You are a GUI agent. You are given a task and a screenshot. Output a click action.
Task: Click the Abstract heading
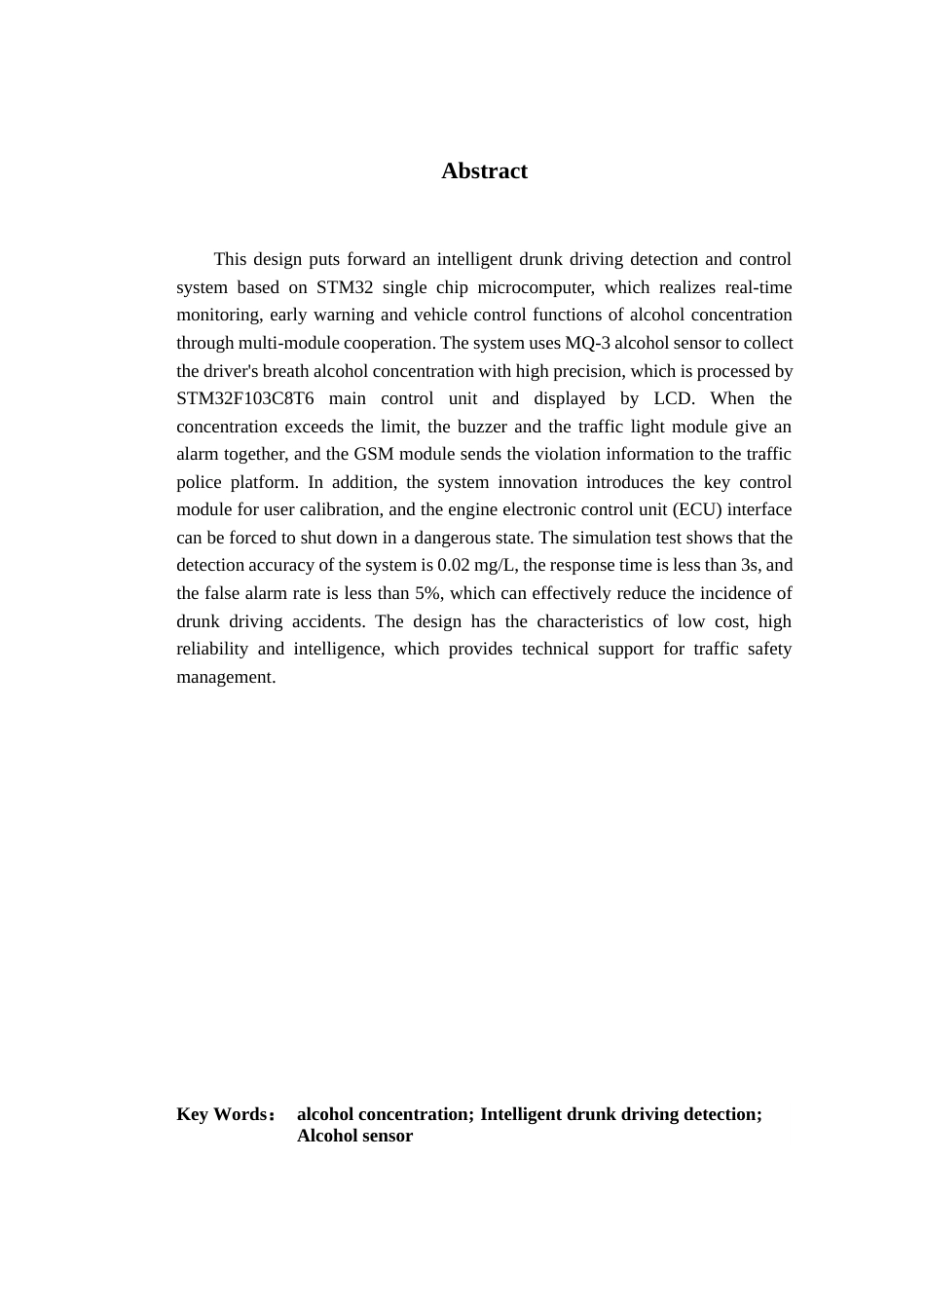click(484, 171)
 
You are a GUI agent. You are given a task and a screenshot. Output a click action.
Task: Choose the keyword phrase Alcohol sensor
click(354, 1137)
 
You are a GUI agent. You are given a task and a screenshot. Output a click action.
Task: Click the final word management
click(225, 678)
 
